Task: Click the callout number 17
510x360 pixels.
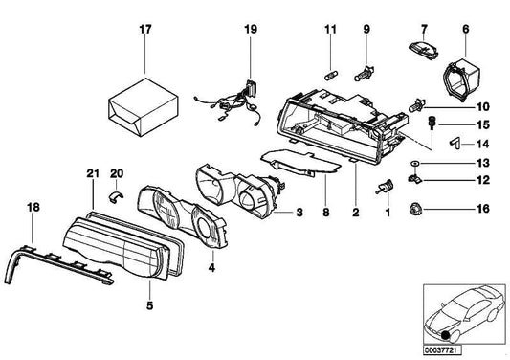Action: pos(145,30)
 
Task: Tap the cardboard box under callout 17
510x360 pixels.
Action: pos(144,107)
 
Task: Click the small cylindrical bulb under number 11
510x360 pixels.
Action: pos(330,77)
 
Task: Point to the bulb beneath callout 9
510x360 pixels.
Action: pos(365,74)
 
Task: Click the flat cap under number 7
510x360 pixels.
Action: pos(423,50)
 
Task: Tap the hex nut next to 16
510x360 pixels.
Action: pos(415,209)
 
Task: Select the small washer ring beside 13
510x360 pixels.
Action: pos(414,163)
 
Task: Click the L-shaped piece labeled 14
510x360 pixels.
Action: pos(455,143)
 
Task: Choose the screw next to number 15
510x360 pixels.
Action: pos(432,124)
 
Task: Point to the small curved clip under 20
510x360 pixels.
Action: pos(116,196)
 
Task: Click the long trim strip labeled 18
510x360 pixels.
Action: pos(58,264)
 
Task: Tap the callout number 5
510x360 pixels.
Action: pos(149,306)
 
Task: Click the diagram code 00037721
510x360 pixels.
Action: pos(442,350)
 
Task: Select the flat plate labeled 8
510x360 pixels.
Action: pos(300,162)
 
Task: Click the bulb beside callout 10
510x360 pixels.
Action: pos(417,105)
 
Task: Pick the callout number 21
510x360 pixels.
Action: pos(93,173)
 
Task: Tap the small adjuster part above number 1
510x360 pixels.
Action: pos(385,187)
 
